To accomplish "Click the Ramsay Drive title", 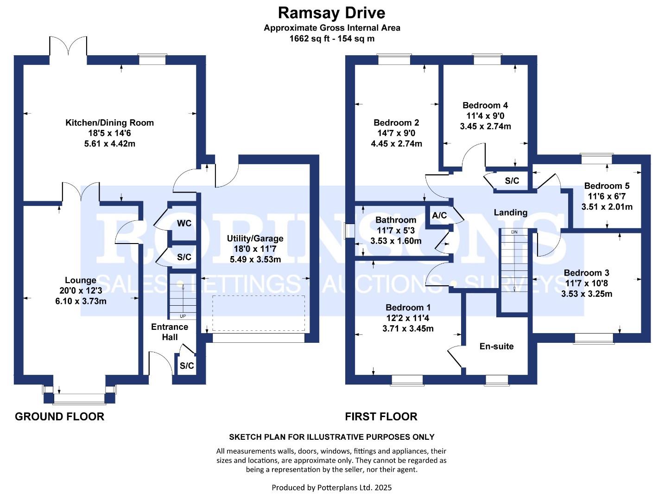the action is coord(331,13).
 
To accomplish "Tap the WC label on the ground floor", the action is coord(184,224).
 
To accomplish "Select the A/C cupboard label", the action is coord(439,215).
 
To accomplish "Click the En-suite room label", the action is coord(497,347).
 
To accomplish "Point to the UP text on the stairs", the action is coord(183,316).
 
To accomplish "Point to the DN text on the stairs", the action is coord(514,232).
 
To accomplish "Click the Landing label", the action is coord(511,212).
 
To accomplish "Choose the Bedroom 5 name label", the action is coord(607,186).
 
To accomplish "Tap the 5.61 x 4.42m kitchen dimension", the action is coord(110,143).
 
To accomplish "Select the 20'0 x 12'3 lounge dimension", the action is coord(81,290).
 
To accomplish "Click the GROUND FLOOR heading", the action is coord(59,417).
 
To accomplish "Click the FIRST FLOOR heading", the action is coord(381,417).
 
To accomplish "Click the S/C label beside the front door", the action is coord(187,366).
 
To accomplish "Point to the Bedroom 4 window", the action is coord(488,59).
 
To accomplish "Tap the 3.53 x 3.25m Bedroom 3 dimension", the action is coord(587,294).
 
